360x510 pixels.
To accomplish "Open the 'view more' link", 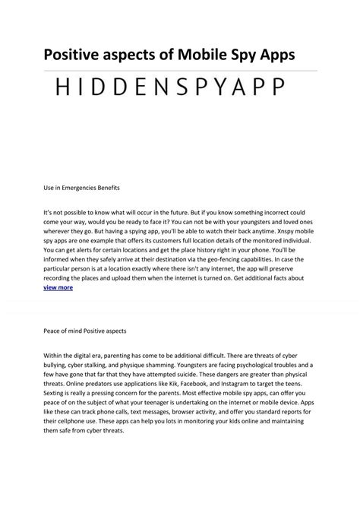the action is [58, 288].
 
